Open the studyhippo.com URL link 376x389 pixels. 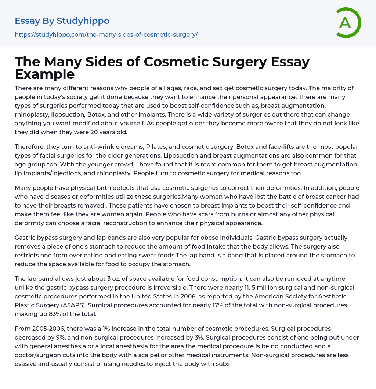click(x=106, y=34)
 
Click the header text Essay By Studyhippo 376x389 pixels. click(x=62, y=21)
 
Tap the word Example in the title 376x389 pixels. click(x=45, y=74)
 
